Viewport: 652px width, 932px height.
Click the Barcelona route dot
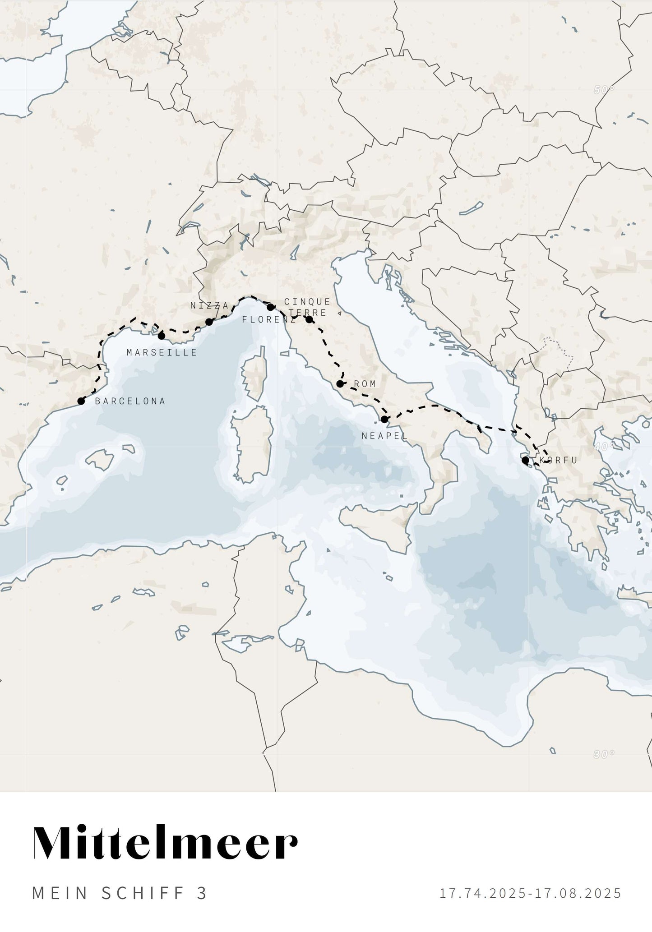tap(81, 401)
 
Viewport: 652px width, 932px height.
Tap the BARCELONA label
tap(130, 401)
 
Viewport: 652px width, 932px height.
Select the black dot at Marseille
tap(162, 336)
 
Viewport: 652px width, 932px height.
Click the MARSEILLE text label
tap(162, 352)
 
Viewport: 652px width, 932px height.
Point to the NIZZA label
tap(209, 305)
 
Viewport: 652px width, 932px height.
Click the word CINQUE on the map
tap(307, 301)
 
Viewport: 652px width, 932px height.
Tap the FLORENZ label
tap(269, 320)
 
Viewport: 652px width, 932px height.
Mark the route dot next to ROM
tap(340, 384)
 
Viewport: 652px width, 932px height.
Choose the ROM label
tap(365, 384)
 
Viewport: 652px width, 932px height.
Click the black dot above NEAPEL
tap(384, 419)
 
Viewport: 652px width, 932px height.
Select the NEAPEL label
tap(384, 436)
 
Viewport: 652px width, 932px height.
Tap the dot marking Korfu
tap(525, 460)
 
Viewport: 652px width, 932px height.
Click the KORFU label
tap(559, 461)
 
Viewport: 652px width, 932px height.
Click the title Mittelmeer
tap(165, 844)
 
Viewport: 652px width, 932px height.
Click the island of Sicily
tap(379, 523)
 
